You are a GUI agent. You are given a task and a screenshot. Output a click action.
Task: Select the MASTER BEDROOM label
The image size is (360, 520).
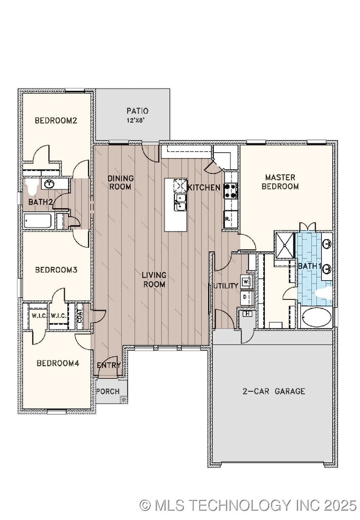281,182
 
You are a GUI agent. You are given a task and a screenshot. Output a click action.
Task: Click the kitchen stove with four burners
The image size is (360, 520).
230,191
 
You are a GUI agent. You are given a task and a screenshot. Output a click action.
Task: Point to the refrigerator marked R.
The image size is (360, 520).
230,219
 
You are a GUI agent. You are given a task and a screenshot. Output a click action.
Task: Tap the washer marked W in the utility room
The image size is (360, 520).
247,281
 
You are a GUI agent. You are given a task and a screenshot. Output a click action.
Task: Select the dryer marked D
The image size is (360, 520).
247,297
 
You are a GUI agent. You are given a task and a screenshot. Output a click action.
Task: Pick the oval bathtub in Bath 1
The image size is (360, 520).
317,317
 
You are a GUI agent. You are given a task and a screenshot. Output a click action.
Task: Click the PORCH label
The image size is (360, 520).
107,391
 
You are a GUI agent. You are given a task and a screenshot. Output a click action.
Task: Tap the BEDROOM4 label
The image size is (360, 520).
55,363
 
